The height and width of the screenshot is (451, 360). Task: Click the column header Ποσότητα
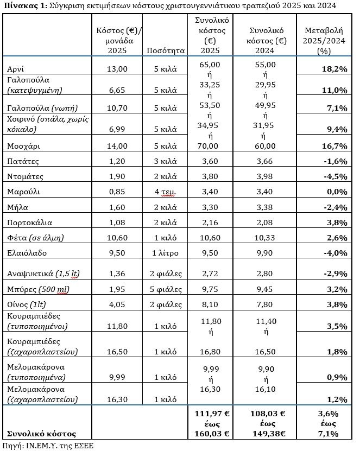coord(166,50)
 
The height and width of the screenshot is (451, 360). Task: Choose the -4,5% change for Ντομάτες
coord(336,176)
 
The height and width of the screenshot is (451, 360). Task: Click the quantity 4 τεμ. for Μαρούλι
coord(166,192)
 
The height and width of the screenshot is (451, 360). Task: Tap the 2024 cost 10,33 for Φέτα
coord(266,237)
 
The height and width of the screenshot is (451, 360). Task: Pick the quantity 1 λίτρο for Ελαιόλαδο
coord(166,252)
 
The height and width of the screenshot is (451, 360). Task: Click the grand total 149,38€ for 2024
coord(266,434)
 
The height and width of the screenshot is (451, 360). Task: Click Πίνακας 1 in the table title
coord(23,6)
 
